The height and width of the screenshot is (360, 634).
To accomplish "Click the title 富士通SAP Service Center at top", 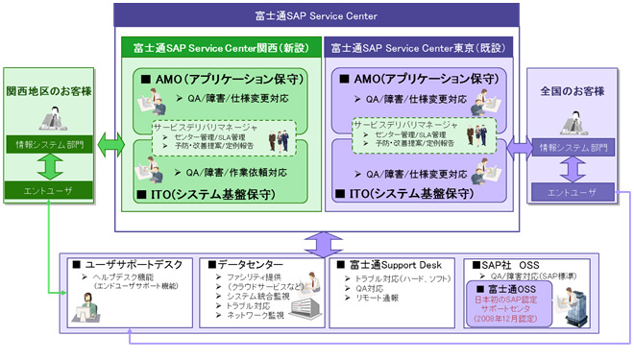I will (317, 15).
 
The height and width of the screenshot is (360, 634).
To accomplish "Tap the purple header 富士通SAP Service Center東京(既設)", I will (419, 47).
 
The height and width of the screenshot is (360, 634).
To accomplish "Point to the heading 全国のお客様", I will (573, 91).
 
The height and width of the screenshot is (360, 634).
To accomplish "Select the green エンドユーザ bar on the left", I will (49, 192).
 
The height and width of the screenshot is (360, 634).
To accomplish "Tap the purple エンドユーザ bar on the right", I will (573, 193).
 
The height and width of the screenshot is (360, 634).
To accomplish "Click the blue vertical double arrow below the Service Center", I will (317, 241).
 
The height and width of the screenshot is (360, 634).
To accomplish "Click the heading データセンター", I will (251, 263).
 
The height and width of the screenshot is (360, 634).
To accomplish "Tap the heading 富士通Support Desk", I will (386, 263).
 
